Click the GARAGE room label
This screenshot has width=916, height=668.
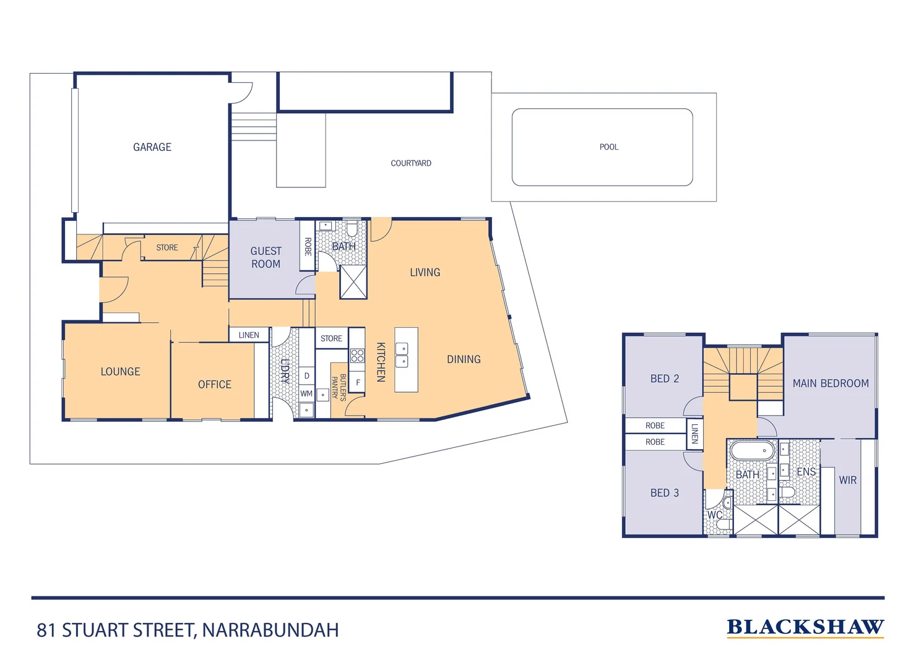pyautogui.click(x=152, y=147)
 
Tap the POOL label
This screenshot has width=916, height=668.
pyautogui.click(x=608, y=147)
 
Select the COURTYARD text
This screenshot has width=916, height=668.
pyautogui.click(x=411, y=163)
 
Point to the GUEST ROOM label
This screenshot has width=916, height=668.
pyautogui.click(x=266, y=257)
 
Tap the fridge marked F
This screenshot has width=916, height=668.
pyautogui.click(x=358, y=383)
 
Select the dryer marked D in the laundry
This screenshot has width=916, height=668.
pyautogui.click(x=306, y=376)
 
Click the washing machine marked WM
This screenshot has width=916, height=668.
pyautogui.click(x=306, y=393)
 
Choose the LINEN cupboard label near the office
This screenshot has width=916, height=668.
pyautogui.click(x=249, y=335)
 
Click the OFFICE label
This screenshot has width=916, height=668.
pyautogui.click(x=215, y=385)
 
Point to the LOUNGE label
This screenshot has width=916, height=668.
pyautogui.click(x=121, y=372)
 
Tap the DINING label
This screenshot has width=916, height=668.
pyautogui.click(x=464, y=359)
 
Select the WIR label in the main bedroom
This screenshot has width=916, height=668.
pyautogui.click(x=847, y=480)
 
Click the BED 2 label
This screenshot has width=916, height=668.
pyautogui.click(x=664, y=379)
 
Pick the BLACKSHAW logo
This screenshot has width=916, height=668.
pyautogui.click(x=805, y=627)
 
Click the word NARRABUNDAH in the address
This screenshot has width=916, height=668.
pyautogui.click(x=270, y=630)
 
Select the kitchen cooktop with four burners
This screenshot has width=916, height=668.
pyautogui.click(x=357, y=356)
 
